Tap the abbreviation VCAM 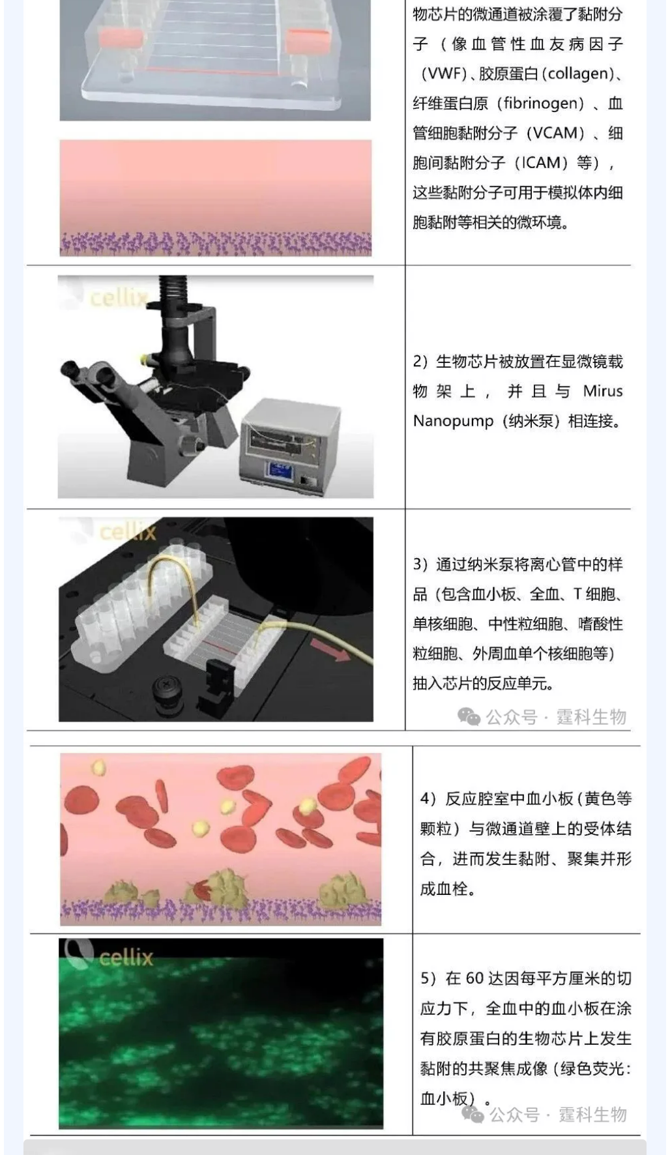[555, 133]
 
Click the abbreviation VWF [443, 74]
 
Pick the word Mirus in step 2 [603, 391]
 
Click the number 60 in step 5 [474, 978]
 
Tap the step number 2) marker [420, 362]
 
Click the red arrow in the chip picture [330, 650]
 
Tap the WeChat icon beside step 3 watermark [469, 717]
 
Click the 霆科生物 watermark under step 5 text [593, 1114]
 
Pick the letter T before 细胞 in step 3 [577, 594]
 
